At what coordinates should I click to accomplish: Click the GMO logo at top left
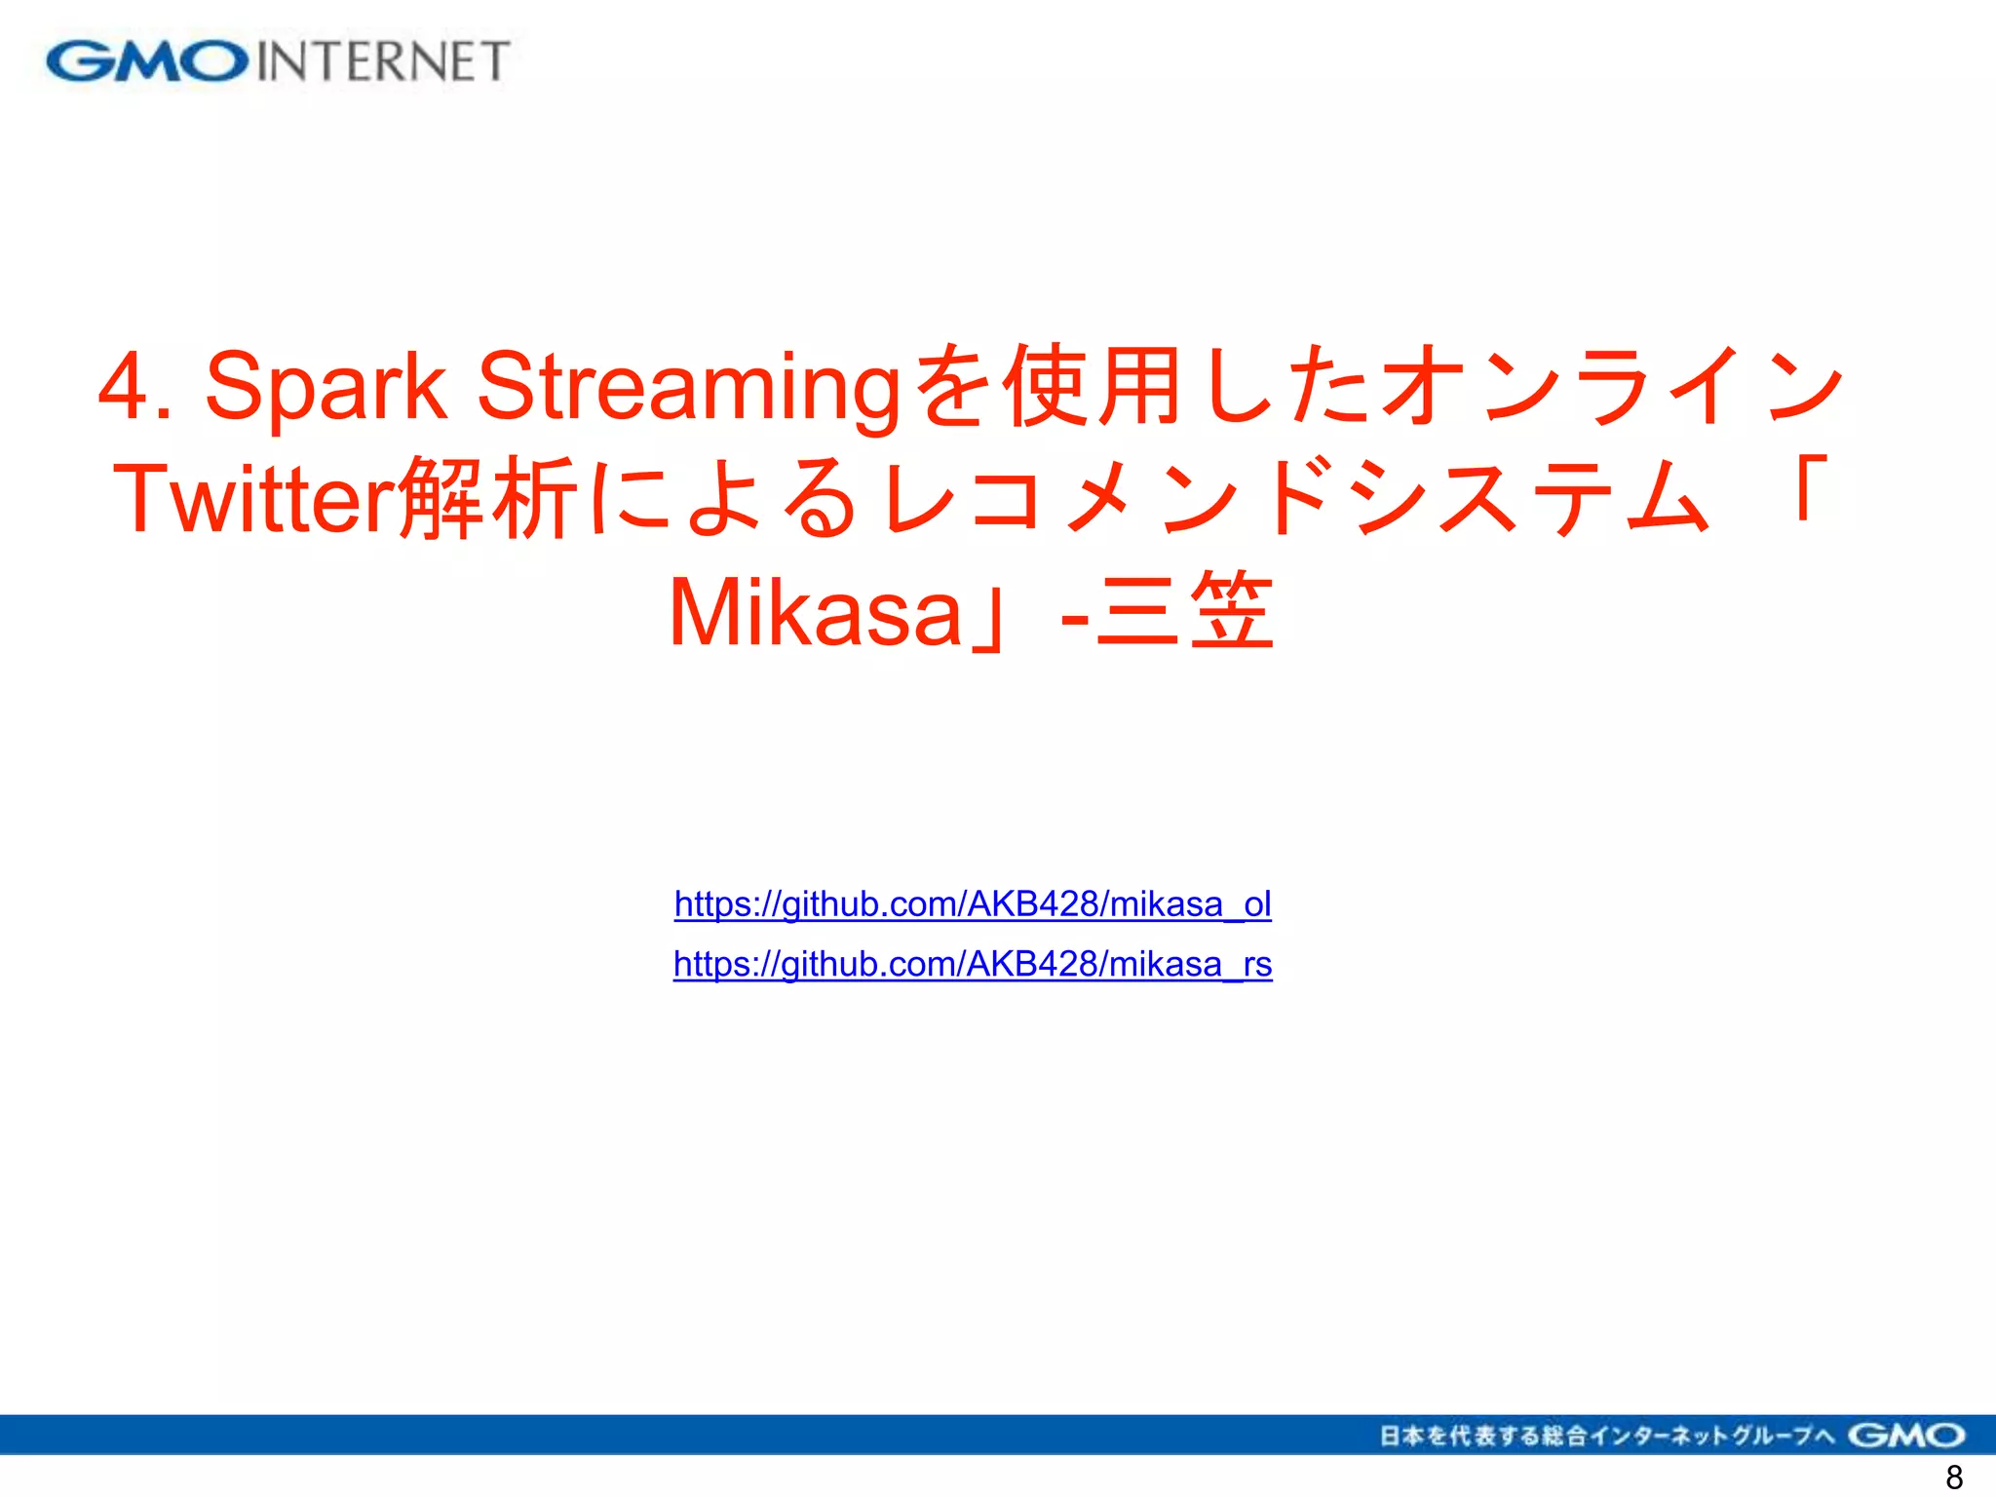[x=146, y=61]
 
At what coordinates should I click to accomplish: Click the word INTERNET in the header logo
[x=383, y=61]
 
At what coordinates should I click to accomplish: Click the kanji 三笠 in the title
[x=1184, y=612]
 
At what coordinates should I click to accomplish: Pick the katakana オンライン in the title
[x=1613, y=386]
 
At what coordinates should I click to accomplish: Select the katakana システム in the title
[x=1530, y=499]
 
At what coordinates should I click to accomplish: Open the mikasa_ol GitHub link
[x=973, y=904]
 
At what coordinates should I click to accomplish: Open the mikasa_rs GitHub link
[x=973, y=964]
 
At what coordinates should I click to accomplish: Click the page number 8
[x=1953, y=1478]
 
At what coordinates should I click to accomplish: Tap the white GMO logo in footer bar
[x=1906, y=1436]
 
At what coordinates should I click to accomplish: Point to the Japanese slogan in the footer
[x=1607, y=1436]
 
